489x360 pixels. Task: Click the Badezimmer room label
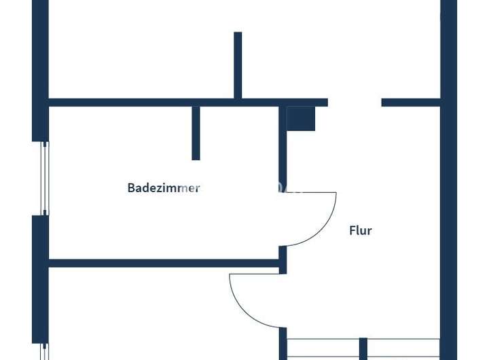163,187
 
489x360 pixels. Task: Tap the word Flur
360,230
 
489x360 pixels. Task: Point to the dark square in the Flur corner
300,118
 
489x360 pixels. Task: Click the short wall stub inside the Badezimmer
196,133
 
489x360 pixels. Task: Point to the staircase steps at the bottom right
401,349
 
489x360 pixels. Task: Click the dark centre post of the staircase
363,348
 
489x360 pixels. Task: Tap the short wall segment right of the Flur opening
411,103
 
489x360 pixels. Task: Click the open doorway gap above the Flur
355,103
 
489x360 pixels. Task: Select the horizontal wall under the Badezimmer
163,263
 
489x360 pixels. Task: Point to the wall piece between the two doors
283,259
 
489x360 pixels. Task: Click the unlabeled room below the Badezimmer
149,312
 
